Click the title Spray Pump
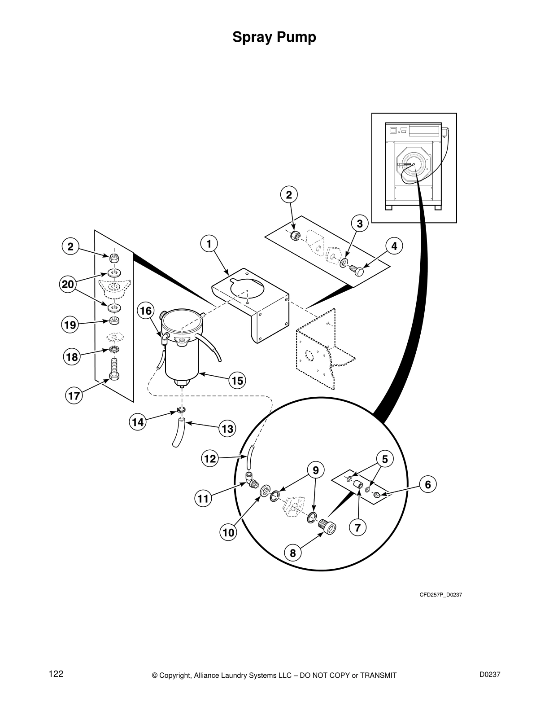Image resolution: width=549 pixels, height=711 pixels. [x=274, y=38]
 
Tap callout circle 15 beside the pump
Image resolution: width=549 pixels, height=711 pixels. [x=237, y=381]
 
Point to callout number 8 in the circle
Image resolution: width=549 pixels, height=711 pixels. [x=293, y=553]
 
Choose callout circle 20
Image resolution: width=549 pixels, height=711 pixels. [x=68, y=284]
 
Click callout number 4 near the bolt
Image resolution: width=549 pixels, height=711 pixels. [x=394, y=246]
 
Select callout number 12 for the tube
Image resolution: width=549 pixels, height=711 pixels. [x=210, y=459]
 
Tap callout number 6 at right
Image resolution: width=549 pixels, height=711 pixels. [x=427, y=484]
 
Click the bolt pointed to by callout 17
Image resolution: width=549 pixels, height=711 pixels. [x=114, y=369]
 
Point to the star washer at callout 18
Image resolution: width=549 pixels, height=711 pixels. [x=114, y=349]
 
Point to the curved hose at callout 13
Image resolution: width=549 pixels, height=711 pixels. [x=178, y=433]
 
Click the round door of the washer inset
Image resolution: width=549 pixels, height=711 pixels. [x=412, y=165]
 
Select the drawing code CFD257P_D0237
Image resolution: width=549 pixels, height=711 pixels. [x=440, y=595]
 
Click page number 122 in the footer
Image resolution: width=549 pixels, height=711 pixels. [x=56, y=674]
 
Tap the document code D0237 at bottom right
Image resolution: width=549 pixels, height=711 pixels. [x=489, y=674]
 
